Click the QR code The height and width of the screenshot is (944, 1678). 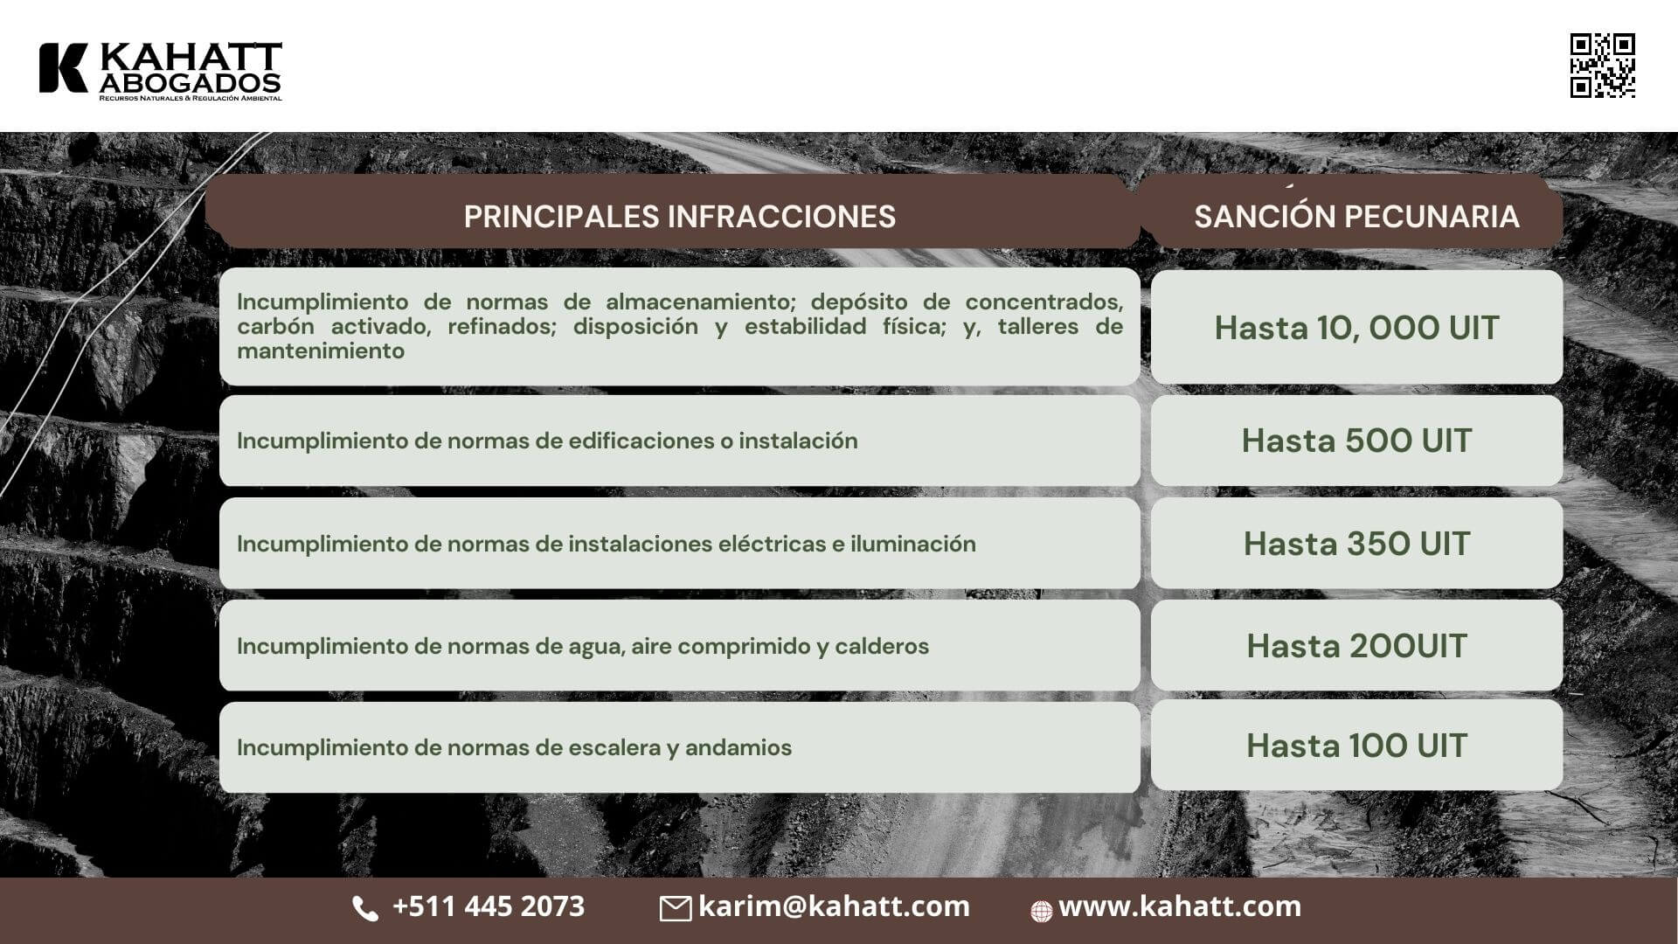click(1603, 66)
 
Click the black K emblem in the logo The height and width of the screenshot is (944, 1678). click(63, 67)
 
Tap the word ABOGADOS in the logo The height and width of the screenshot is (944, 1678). click(191, 82)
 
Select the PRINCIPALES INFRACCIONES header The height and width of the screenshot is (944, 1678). click(679, 216)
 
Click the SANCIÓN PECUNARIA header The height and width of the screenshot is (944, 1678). click(1356, 216)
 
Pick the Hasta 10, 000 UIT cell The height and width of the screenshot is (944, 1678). click(1356, 327)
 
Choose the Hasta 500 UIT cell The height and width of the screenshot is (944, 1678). click(1356, 441)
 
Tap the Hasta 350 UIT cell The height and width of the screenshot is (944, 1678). click(1356, 543)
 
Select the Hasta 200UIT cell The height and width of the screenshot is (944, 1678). click(1356, 645)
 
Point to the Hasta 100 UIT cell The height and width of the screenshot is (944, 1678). click(1356, 746)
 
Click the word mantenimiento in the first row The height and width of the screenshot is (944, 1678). click(321, 351)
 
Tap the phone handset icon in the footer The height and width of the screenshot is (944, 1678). click(365, 909)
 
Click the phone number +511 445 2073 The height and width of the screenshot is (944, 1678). click(489, 906)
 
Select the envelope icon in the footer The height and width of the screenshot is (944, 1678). click(675, 909)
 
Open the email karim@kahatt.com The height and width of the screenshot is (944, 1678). click(834, 906)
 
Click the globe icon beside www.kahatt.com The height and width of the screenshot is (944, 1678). click(1041, 912)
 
